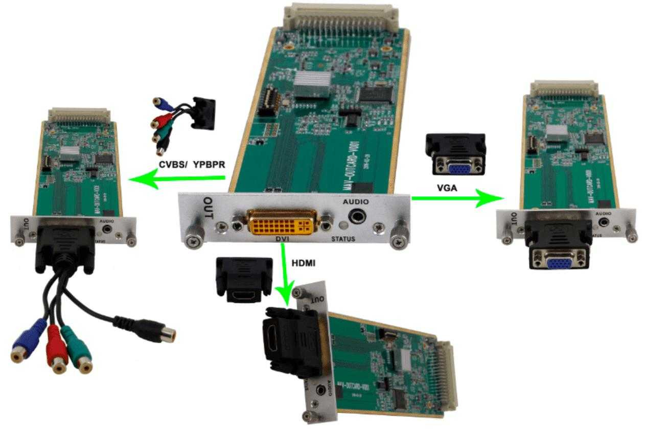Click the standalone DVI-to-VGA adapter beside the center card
pos(455,155)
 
